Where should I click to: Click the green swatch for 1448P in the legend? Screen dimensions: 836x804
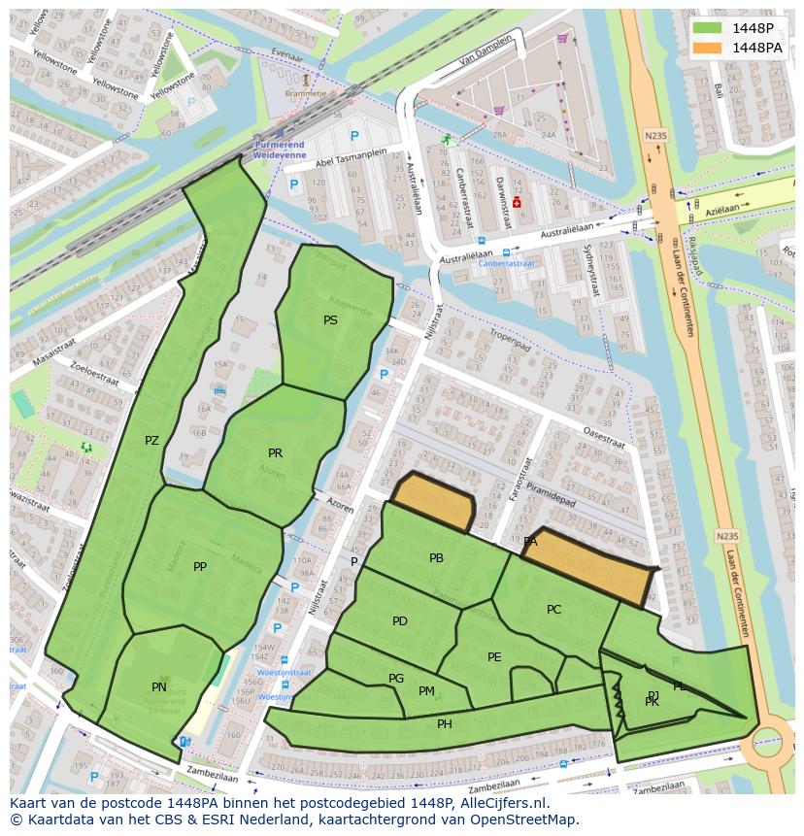707,28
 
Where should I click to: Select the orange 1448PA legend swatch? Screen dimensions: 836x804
707,48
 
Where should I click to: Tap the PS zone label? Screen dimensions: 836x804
331,319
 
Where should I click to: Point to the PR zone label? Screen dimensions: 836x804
275,453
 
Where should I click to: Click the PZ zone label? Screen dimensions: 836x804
151,441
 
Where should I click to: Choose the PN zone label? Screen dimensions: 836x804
159,687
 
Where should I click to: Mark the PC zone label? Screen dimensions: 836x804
553,610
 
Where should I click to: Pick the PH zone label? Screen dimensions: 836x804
444,724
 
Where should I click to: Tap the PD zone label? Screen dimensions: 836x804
400,621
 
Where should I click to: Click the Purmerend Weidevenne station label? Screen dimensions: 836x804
280,149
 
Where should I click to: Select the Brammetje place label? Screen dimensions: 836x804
305,93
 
